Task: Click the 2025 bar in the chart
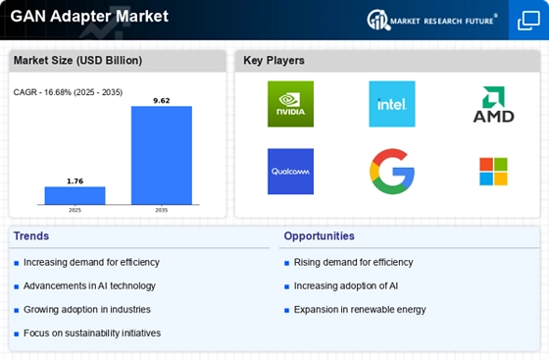(x=75, y=195)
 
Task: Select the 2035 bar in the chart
(x=162, y=155)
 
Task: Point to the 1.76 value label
(x=75, y=181)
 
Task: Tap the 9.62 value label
(x=162, y=100)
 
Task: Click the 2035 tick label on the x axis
(x=162, y=210)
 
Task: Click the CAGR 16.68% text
(x=68, y=92)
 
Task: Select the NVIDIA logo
(x=290, y=104)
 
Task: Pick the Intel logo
(x=392, y=104)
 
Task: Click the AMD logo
(x=494, y=104)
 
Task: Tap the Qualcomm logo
(x=290, y=172)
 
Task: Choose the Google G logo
(x=392, y=172)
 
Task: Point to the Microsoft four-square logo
(x=494, y=172)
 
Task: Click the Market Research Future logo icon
(x=378, y=20)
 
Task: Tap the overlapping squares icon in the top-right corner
(x=528, y=21)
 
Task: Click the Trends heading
(x=31, y=236)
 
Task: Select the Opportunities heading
(x=319, y=236)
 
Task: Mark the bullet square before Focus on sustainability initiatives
(x=16, y=334)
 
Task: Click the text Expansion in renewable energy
(x=360, y=310)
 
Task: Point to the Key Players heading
(x=274, y=60)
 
